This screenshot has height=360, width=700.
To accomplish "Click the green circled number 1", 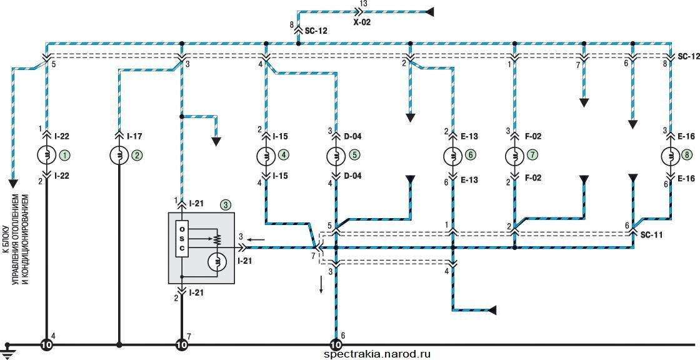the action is [x=66, y=156].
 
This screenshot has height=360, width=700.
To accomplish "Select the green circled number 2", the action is [x=137, y=156].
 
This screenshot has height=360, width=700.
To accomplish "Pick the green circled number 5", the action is [x=354, y=156].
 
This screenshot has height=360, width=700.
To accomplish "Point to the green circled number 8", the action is [x=687, y=156].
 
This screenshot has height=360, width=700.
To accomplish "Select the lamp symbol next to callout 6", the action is [x=452, y=156].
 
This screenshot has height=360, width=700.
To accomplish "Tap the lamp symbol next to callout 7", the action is [x=514, y=156].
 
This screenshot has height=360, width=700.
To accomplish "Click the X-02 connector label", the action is [x=362, y=22].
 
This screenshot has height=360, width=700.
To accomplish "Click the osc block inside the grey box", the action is [x=182, y=239].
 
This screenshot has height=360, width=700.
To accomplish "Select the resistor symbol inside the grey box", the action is [x=218, y=239].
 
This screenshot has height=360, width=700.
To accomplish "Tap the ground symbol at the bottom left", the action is [x=7, y=350].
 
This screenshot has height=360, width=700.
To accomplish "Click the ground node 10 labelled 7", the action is [x=182, y=345].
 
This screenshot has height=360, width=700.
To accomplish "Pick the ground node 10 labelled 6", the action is [x=335, y=345].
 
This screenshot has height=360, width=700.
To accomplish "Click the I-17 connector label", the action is [x=135, y=136].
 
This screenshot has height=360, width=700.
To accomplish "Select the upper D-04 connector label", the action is [x=352, y=136].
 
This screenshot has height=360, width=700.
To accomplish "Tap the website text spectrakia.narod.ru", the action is [x=378, y=354].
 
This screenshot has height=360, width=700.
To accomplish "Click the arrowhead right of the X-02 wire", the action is [x=430, y=12].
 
